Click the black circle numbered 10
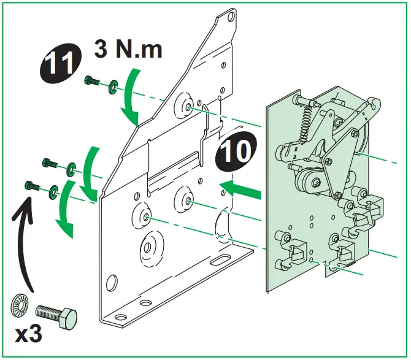coord(236,152)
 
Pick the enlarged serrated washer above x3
coord(19,307)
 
